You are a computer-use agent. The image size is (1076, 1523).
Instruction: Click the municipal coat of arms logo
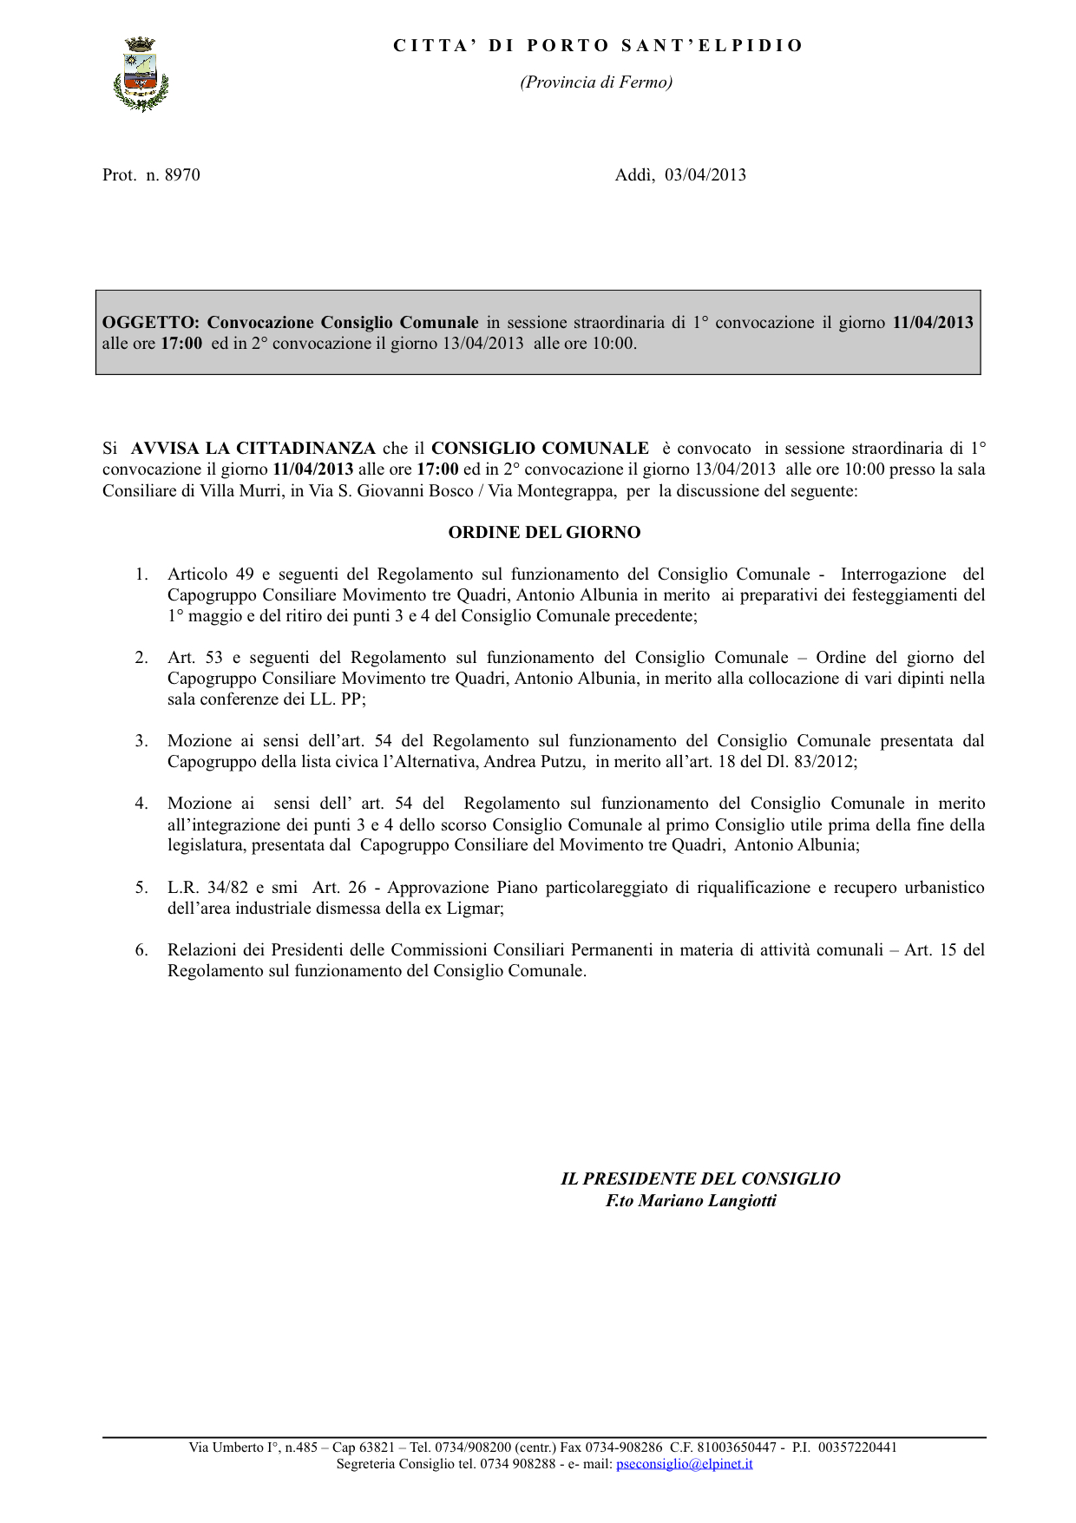(x=141, y=75)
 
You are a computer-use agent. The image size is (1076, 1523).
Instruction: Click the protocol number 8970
(x=182, y=175)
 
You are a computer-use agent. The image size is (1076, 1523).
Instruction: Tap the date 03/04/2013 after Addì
(x=705, y=175)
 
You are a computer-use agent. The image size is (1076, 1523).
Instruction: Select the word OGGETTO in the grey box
(x=149, y=323)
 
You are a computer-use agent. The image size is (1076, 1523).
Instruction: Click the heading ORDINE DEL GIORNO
(x=544, y=533)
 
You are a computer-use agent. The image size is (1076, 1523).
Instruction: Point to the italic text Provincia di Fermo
(x=596, y=82)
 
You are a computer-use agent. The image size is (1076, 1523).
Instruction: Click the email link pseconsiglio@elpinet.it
(x=684, y=1464)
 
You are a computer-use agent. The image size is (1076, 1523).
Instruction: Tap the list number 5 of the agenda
(x=141, y=888)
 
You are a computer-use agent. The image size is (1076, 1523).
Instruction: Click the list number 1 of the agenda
(x=141, y=574)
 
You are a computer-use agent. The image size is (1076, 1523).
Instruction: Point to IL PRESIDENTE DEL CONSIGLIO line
(x=700, y=1178)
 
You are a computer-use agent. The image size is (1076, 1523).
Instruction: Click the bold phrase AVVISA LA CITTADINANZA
(x=253, y=449)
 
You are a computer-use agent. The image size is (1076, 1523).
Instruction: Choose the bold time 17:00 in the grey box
(x=181, y=344)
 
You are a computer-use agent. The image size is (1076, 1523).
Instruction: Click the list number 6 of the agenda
(x=141, y=950)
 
